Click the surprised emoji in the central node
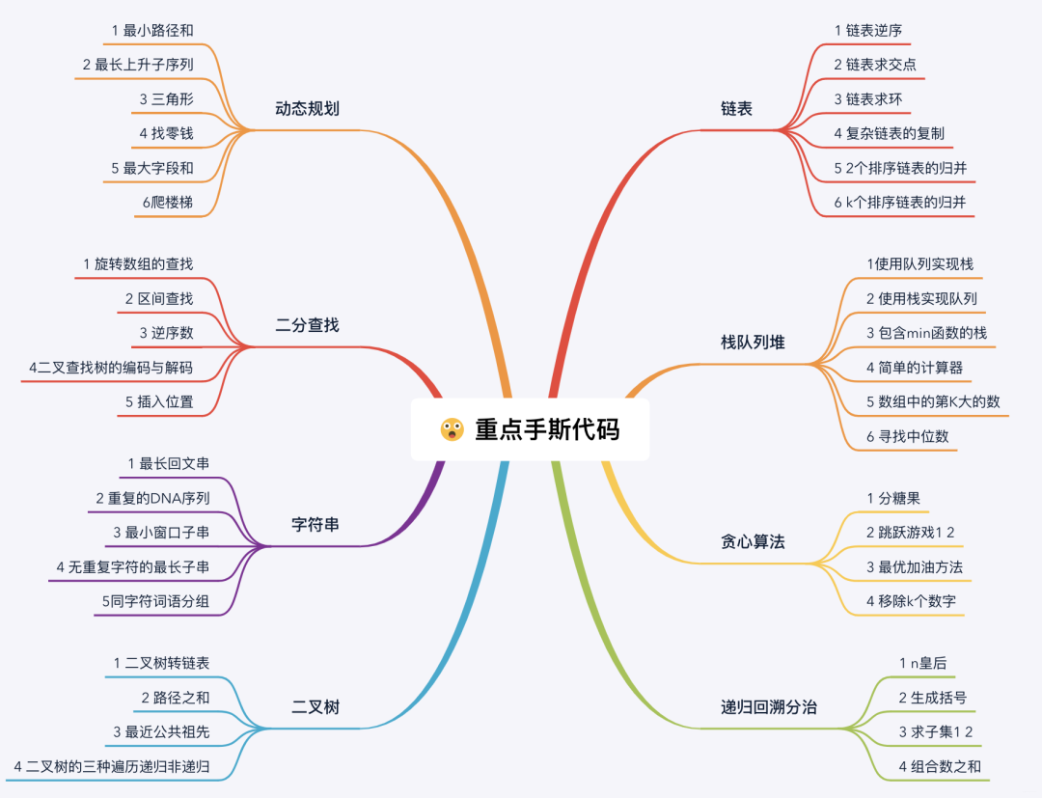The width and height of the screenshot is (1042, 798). (x=452, y=429)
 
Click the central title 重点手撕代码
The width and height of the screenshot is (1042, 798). (x=547, y=429)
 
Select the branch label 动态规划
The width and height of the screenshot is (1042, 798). (x=307, y=108)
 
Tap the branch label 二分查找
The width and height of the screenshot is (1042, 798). (x=307, y=325)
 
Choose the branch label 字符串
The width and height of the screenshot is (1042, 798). (x=315, y=525)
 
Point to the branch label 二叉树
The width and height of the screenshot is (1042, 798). (x=315, y=707)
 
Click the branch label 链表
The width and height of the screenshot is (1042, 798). (x=736, y=109)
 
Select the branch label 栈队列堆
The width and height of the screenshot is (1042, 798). (x=753, y=343)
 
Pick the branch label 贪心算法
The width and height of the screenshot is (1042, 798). (x=753, y=541)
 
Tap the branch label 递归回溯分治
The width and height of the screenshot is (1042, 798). (x=769, y=707)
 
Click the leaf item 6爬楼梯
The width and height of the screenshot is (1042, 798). (x=165, y=202)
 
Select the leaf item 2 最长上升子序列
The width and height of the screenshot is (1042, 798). (x=138, y=66)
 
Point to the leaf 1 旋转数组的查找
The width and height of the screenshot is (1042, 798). (x=138, y=263)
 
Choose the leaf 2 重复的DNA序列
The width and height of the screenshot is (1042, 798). (x=152, y=498)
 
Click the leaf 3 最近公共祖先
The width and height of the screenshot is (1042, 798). (x=161, y=731)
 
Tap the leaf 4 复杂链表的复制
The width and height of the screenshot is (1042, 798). (x=890, y=133)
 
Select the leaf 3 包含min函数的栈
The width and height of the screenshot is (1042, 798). (x=926, y=333)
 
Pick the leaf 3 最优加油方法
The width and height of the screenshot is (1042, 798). (x=915, y=567)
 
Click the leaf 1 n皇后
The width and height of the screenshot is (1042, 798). (x=922, y=663)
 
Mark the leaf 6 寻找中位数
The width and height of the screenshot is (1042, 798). (x=907, y=436)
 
